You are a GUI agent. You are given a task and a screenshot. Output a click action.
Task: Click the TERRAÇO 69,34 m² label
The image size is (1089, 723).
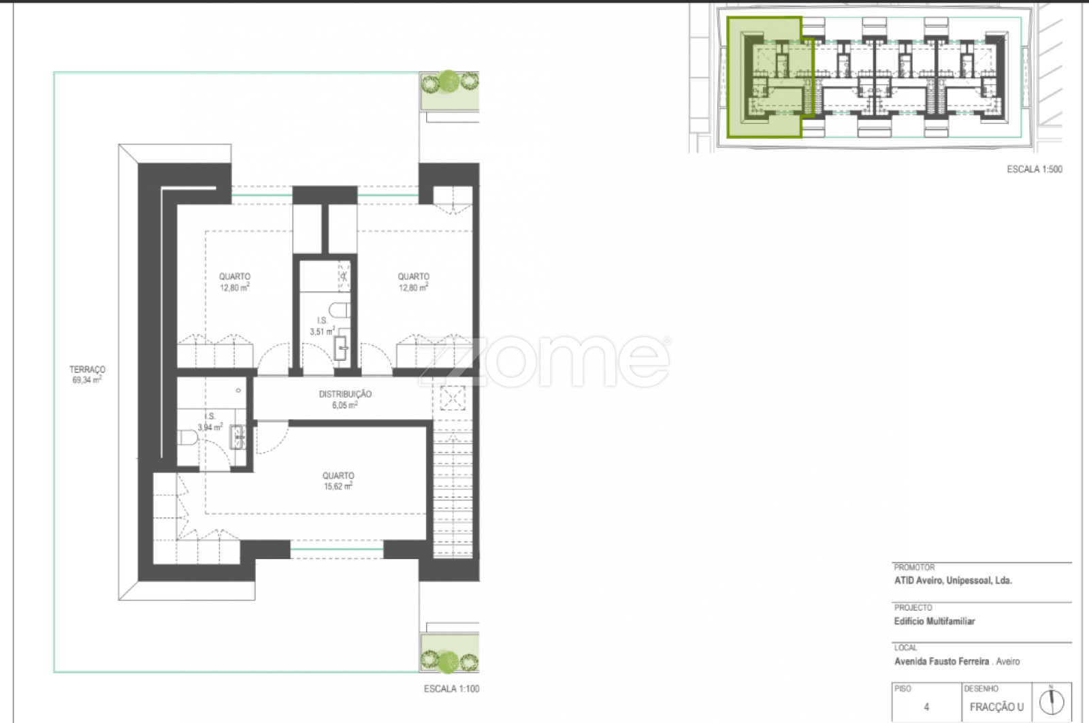coord(87,375)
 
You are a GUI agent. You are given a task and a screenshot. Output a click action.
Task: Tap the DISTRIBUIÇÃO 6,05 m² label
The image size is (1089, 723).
coord(345,399)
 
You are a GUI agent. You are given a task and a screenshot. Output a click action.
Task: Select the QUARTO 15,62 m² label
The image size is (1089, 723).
coord(338,481)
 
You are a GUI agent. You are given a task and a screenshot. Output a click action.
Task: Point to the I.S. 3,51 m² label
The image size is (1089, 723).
coord(323,326)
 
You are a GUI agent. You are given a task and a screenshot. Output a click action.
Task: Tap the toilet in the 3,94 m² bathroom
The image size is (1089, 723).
coord(187,438)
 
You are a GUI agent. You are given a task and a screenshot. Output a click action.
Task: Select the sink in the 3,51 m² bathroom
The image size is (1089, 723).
coord(341,347)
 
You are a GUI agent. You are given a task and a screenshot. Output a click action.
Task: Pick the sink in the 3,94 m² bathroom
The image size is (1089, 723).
coord(238,437)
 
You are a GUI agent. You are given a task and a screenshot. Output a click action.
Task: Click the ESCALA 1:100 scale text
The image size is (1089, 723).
coord(452,689)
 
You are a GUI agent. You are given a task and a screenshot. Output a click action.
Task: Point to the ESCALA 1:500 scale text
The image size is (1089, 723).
coord(1035,170)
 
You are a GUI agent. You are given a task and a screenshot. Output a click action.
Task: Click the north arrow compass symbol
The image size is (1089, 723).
coord(1052,702)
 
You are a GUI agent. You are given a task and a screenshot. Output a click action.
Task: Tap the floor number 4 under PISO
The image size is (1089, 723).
coord(926,707)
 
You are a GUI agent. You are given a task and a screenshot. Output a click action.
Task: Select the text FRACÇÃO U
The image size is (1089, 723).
coord(996,707)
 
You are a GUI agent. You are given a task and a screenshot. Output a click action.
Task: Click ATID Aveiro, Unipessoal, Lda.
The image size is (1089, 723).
coord(953,581)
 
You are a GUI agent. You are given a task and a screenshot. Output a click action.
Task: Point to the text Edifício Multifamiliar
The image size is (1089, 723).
coord(934,622)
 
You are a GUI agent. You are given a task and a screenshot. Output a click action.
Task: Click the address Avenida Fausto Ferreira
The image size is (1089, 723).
coord(942,662)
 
